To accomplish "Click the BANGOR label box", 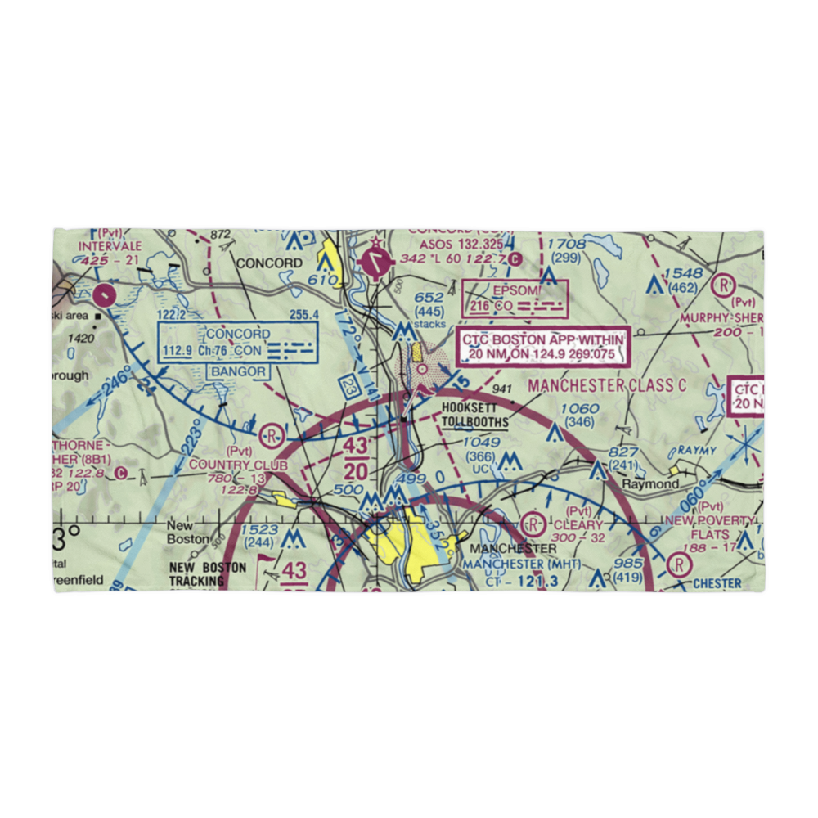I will (239, 371).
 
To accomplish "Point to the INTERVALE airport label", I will (110, 245).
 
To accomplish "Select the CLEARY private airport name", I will (578, 524).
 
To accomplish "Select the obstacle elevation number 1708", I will (566, 244).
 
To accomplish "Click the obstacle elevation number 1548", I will (684, 273).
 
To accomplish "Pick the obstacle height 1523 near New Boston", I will (261, 530).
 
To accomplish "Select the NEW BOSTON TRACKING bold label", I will (208, 574).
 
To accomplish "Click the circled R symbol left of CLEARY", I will (533, 523).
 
